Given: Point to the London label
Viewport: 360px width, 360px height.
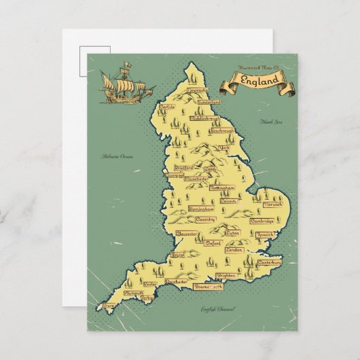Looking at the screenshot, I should (x=234, y=250).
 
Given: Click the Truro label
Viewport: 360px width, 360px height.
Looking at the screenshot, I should (x=109, y=306).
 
